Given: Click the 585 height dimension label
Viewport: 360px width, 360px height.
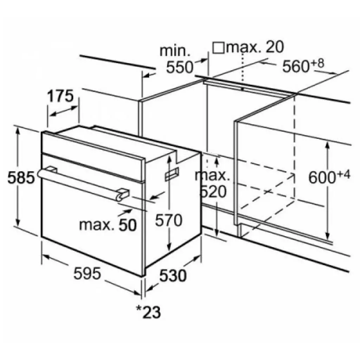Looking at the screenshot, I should pos(21,178).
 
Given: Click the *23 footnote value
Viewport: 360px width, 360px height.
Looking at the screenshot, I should pos(148,311).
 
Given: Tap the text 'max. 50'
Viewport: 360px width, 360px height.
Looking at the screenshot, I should pos(108,225).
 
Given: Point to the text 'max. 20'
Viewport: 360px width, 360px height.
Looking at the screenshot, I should pos(255,47).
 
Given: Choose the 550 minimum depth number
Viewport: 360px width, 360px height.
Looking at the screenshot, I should pos(180,67).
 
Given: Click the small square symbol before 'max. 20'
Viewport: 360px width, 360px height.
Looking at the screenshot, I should pos(219,47).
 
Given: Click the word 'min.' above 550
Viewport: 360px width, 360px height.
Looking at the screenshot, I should pos(175,50).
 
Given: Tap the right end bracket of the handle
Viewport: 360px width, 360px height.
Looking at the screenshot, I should pos(122,194).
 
